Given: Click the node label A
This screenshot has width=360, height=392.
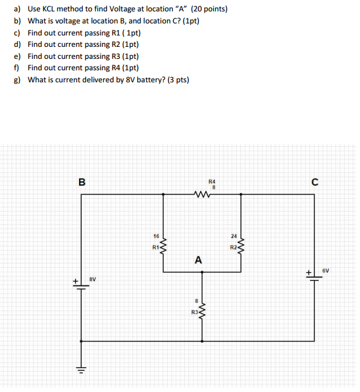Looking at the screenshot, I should [x=199, y=260].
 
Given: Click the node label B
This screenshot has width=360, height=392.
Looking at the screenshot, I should [x=82, y=182].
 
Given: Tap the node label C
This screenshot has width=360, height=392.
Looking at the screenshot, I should [x=314, y=182].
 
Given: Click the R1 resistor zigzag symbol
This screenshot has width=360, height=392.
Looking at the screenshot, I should [x=164, y=244].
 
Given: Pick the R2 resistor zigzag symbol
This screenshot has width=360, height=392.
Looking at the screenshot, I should [x=240, y=244].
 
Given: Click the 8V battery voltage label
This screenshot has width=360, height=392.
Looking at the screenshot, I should [x=92, y=278].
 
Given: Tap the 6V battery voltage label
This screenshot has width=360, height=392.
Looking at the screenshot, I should [x=326, y=270].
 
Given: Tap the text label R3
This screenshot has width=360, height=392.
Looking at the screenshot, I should [x=194, y=312].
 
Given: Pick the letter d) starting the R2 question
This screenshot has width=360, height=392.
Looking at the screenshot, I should [x=17, y=44].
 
